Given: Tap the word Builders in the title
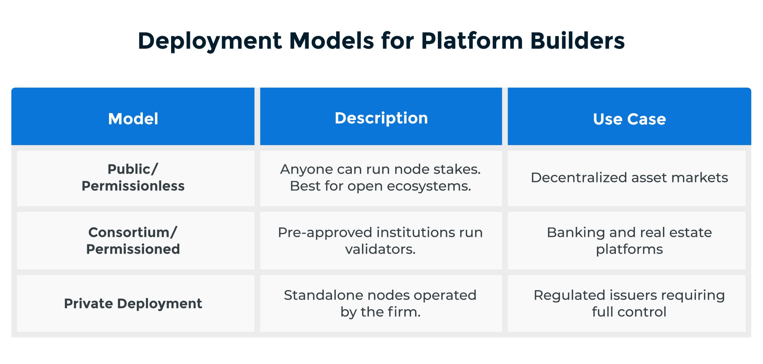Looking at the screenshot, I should pyautogui.click(x=577, y=41).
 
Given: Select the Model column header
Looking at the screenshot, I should pyautogui.click(x=133, y=119).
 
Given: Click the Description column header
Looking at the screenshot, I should pyautogui.click(x=381, y=118).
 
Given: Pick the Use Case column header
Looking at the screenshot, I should pyautogui.click(x=629, y=119).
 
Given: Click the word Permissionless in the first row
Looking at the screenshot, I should pyautogui.click(x=133, y=186).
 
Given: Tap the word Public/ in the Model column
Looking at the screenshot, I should pyautogui.click(x=133, y=169).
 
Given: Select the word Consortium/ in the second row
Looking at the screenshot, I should pyautogui.click(x=133, y=232).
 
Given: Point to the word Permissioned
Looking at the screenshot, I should pyautogui.click(x=133, y=249).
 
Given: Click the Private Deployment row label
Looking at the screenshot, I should pyautogui.click(x=133, y=303).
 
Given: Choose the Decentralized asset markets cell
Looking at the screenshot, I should pyautogui.click(x=629, y=177).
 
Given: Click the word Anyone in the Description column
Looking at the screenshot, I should pyautogui.click(x=301, y=169).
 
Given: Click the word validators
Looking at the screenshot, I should pyautogui.click(x=380, y=249).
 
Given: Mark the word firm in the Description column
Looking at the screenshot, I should pyautogui.click(x=404, y=312).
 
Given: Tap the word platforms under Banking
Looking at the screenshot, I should pyautogui.click(x=629, y=249).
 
